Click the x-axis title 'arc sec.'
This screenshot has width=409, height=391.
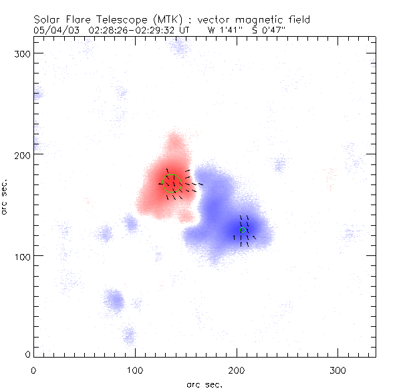tap(204, 384)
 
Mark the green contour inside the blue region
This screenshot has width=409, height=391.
tap(244, 229)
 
